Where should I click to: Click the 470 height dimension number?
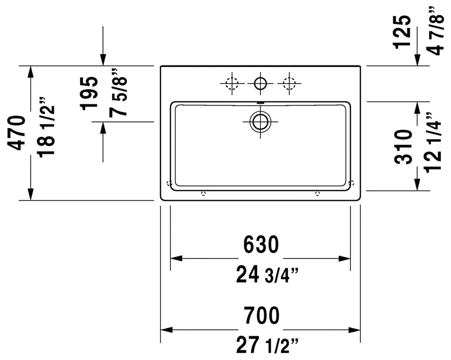[x=17, y=132]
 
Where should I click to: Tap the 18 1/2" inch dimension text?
[x=46, y=128]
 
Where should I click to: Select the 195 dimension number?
[x=89, y=94]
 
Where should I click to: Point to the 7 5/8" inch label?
[x=118, y=93]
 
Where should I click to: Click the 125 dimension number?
[x=402, y=32]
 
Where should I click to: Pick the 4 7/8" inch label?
[x=435, y=30]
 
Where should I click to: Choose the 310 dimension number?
[x=403, y=147]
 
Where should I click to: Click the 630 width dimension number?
[x=261, y=245]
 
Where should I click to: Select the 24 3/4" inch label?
[x=267, y=275]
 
